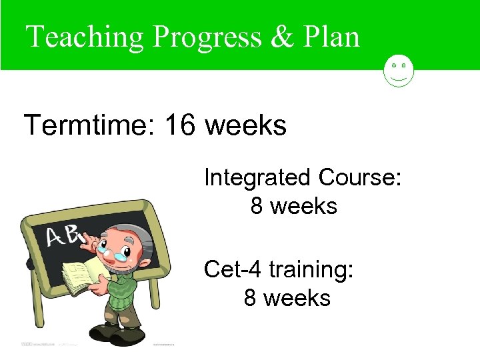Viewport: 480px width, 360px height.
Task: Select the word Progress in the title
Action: (206, 37)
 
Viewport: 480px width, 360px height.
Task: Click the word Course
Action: (359, 178)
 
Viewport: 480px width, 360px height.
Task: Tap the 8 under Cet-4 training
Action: (251, 298)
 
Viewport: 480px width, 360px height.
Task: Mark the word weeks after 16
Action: (246, 125)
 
